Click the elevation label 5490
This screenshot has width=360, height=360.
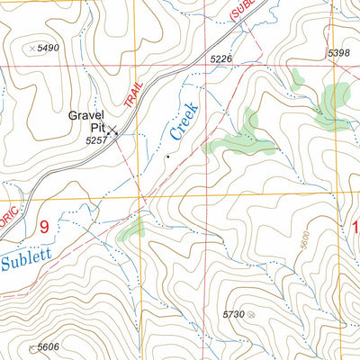click(49, 48)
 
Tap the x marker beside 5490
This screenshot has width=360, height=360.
click(33, 48)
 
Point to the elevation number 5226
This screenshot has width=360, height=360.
click(221, 59)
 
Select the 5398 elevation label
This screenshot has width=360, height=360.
click(338, 53)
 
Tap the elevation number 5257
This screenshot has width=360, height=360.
click(96, 141)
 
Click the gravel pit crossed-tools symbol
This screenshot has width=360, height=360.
click(113, 131)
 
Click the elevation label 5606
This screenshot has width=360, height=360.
click(49, 347)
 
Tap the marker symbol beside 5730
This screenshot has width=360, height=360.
click(251, 314)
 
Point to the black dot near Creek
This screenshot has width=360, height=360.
click(166, 157)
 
